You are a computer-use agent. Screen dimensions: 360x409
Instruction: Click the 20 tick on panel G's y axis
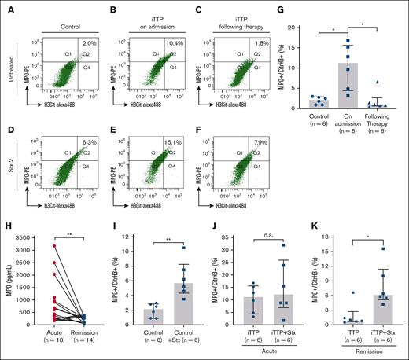(308, 28)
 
